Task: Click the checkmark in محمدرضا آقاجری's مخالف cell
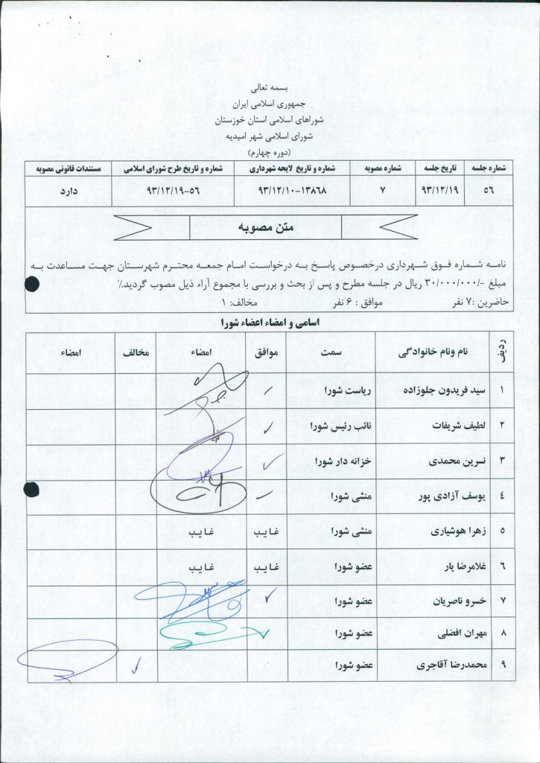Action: click(x=136, y=665)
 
